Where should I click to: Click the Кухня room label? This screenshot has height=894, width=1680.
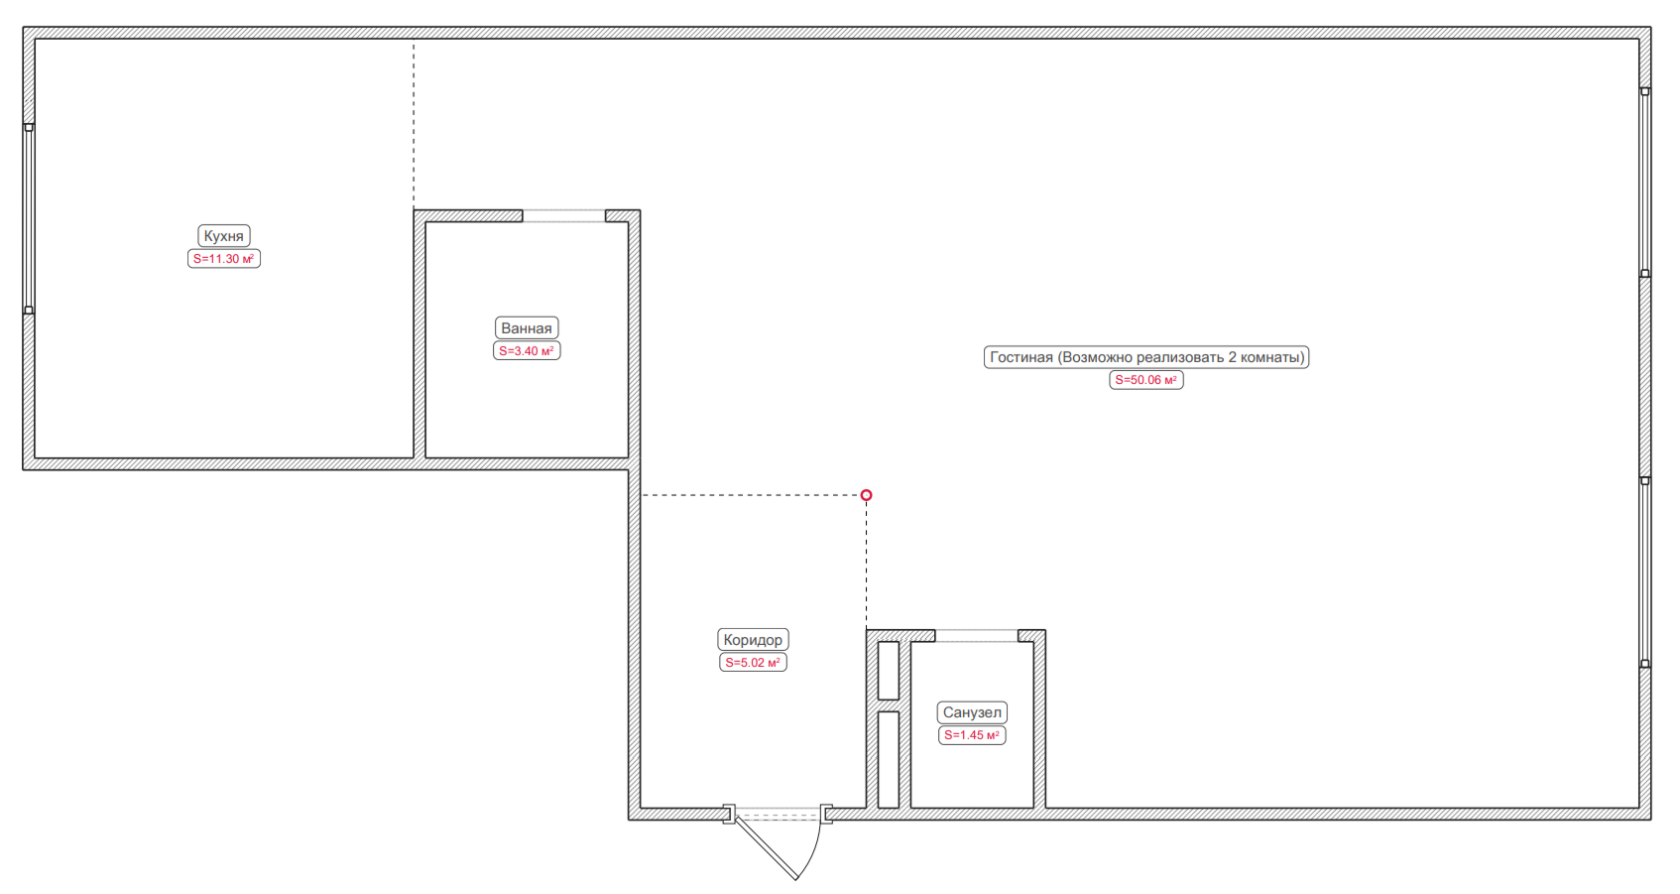point(223,236)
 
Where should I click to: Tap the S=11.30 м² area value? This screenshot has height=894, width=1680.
point(223,259)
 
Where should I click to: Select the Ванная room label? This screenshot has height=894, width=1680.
point(527,328)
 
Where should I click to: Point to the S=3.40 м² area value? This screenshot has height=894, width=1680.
point(527,351)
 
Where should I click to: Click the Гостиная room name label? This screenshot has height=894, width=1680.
point(1146,357)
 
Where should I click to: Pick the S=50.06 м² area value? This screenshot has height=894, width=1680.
point(1146,381)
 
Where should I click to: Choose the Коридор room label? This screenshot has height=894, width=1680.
point(753,640)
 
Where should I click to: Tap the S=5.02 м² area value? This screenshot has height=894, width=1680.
point(753,663)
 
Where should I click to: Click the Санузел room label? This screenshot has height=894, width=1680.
point(972,712)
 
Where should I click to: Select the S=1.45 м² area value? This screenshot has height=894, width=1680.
point(972,735)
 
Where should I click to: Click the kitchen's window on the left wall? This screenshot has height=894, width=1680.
point(29,218)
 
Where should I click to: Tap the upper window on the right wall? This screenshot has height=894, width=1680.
point(1644,183)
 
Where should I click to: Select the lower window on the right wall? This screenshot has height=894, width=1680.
point(1644,572)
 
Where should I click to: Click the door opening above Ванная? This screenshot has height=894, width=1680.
point(564,216)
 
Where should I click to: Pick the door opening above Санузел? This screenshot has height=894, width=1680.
point(977,636)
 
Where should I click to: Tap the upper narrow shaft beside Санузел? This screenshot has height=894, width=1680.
point(889,671)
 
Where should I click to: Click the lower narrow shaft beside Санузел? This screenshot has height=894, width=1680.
point(889,760)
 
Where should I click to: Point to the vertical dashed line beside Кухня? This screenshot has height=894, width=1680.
point(414,125)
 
